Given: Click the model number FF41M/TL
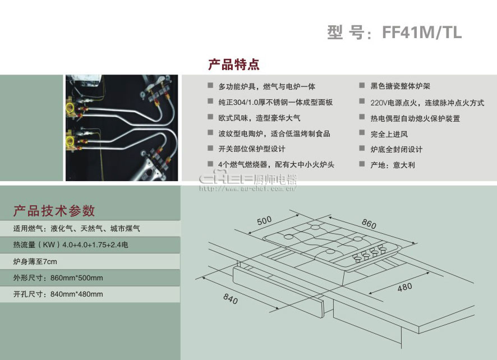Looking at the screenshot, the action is tap(422, 33).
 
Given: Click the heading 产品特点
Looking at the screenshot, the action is tap(234, 64).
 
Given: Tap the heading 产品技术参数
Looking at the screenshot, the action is tap(54, 211).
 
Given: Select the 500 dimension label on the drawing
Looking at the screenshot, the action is tap(264, 220).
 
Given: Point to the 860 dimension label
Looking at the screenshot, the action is tap(369, 224).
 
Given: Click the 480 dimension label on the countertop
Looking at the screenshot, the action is tap(405, 288).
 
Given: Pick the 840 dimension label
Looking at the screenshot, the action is tap(231, 298).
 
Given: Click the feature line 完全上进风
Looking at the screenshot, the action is tap(389, 134).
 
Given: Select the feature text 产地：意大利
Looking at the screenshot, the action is tap(393, 165).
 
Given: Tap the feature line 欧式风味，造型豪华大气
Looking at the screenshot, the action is tap(259, 118).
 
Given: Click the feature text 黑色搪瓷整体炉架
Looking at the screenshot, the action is tap(400, 86).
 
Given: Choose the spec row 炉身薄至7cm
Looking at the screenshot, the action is tap(35, 261).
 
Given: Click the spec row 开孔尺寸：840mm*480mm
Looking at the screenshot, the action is tap(58, 294).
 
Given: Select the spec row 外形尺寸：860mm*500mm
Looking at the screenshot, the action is tap(58, 278).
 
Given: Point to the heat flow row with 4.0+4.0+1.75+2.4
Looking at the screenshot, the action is tap(71, 244).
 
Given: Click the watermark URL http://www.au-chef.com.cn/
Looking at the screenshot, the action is tap(248, 189).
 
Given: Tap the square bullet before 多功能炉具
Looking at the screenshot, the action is tap(210, 85).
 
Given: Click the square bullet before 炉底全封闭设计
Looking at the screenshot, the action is tap(362, 148).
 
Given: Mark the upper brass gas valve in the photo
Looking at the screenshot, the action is tap(72, 107).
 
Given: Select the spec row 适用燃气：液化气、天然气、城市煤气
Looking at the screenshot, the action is tap(76, 228).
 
